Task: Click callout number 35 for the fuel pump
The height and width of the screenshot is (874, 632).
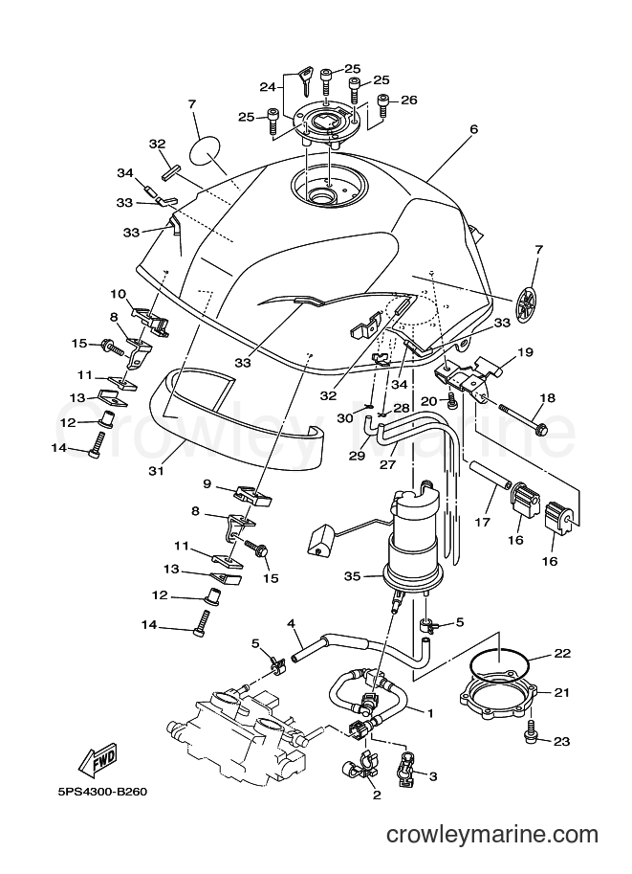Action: point(352,576)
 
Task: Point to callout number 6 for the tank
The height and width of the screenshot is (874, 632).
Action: point(474,129)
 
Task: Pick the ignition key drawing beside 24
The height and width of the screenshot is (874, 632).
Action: point(306,78)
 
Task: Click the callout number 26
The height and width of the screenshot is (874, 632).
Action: point(408,101)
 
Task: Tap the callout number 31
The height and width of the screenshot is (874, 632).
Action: point(157,471)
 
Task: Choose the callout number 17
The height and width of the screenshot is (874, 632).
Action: point(482,522)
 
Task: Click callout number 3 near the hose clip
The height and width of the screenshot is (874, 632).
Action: point(433,776)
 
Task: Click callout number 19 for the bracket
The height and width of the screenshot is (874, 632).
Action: point(525,352)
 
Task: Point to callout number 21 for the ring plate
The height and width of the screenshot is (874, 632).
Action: point(562,692)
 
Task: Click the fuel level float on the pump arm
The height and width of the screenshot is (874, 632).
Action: point(320,540)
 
